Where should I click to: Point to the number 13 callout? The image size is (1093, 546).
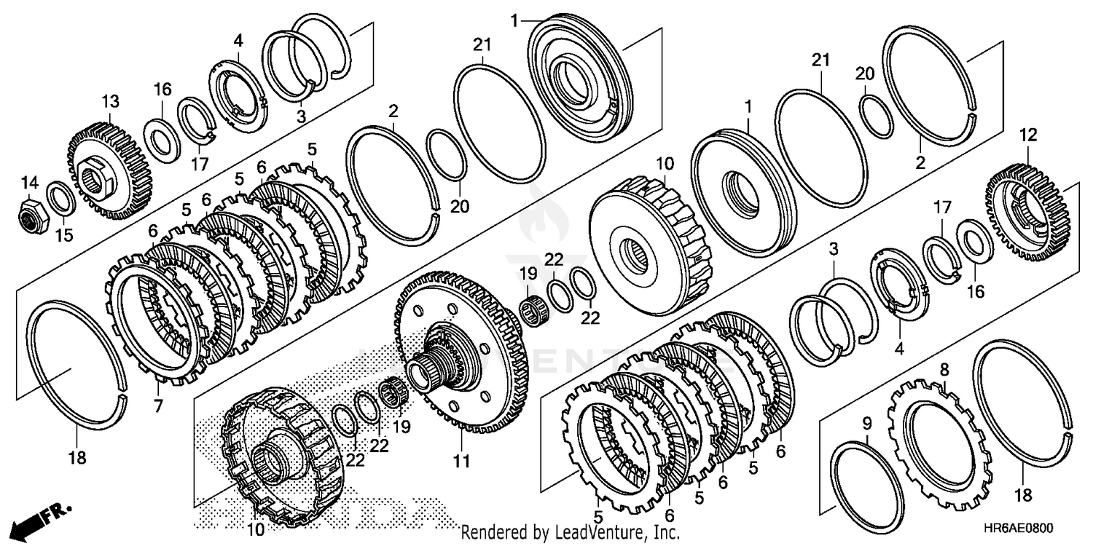[x=109, y=100]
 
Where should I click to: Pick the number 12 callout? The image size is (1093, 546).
[x=1028, y=135]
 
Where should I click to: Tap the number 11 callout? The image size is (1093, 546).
[x=462, y=461]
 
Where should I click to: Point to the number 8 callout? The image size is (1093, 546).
[x=944, y=370]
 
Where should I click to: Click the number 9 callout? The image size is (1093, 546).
[x=867, y=424]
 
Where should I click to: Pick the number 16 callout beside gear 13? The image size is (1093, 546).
[x=162, y=90]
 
